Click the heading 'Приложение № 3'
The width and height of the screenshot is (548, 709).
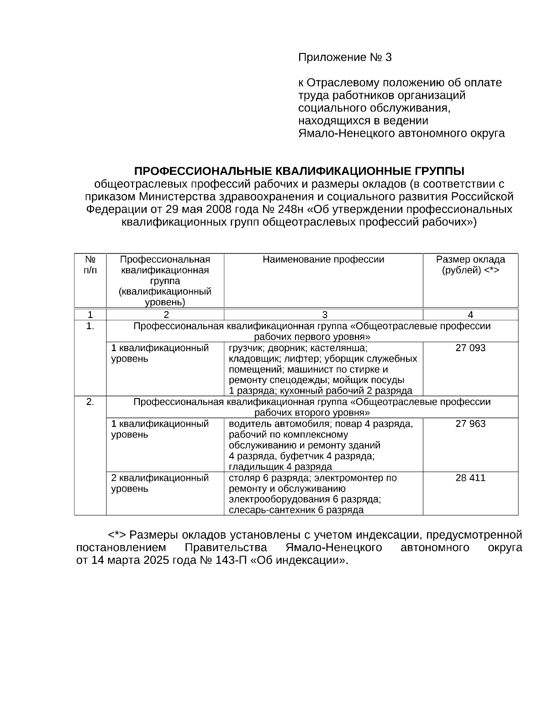(x=345, y=58)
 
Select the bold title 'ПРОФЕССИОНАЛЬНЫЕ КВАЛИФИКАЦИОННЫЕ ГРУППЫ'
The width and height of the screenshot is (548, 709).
(x=299, y=171)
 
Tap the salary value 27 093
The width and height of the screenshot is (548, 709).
(x=470, y=348)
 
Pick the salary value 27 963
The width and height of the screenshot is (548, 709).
(x=470, y=424)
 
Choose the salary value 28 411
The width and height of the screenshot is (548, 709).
(x=470, y=478)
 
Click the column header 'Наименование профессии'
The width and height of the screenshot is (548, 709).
(x=323, y=260)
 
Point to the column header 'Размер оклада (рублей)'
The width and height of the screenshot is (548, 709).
(x=470, y=265)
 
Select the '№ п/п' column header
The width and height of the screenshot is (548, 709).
(x=90, y=265)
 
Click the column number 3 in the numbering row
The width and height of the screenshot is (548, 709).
(x=324, y=315)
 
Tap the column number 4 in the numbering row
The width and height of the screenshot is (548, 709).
(x=470, y=315)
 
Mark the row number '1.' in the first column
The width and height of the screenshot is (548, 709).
(x=90, y=326)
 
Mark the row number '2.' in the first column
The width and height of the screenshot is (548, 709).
(x=90, y=402)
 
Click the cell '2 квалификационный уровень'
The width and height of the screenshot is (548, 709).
(x=160, y=483)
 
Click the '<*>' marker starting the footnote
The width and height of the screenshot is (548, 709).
(x=116, y=535)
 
